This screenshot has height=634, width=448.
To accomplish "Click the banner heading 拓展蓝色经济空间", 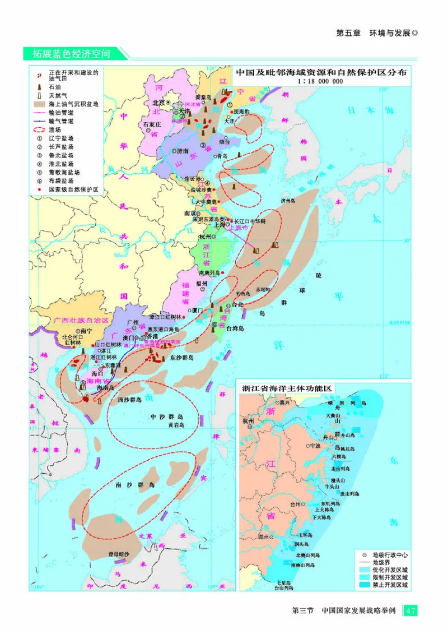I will click(71, 53).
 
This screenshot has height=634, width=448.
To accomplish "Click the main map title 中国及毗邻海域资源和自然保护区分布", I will click(320, 72).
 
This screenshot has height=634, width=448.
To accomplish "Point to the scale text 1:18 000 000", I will click(321, 81).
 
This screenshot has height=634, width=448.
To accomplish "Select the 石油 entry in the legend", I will click(55, 87).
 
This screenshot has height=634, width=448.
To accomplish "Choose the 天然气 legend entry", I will click(58, 96).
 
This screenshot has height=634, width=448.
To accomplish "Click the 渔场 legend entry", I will click(55, 129).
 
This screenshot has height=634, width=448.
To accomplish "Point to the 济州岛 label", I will click(288, 200).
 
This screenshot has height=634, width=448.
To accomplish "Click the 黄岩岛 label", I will click(175, 425).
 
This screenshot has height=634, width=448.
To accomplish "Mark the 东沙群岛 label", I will click(181, 357).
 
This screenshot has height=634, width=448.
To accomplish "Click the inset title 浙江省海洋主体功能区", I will click(287, 388).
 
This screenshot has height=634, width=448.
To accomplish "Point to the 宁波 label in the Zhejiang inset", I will click(316, 446).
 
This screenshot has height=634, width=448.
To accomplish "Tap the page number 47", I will click(411, 610).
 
